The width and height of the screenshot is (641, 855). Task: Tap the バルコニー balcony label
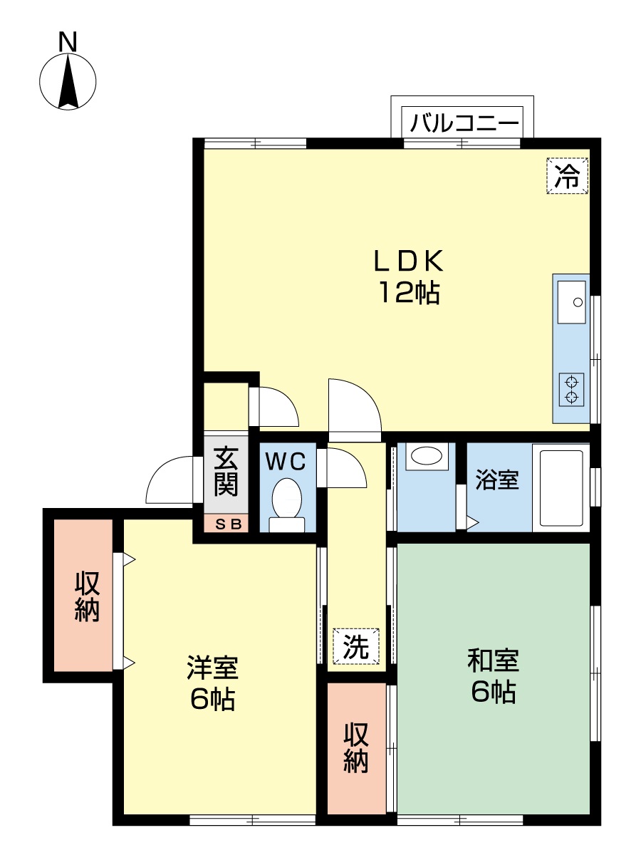pyautogui.click(x=464, y=123)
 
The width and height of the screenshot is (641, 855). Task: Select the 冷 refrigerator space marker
pyautogui.click(x=568, y=175)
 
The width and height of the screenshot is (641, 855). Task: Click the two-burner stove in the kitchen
pyautogui.click(x=572, y=389)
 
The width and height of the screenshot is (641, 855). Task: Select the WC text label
pyautogui.click(x=286, y=462)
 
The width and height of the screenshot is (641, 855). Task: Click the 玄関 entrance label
pyautogui.click(x=226, y=471)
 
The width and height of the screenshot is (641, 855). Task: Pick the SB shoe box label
pyautogui.click(x=226, y=524)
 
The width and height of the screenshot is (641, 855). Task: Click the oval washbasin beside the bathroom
pyautogui.click(x=426, y=456)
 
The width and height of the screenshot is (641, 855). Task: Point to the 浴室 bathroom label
pyautogui.click(x=496, y=480)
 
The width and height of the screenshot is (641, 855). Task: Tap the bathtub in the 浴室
pyautogui.click(x=562, y=488)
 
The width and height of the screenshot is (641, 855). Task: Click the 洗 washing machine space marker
pyautogui.click(x=356, y=646)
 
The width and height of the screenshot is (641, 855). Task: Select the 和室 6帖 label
pyautogui.click(x=493, y=675)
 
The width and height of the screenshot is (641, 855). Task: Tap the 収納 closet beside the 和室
pyautogui.click(x=356, y=747)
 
